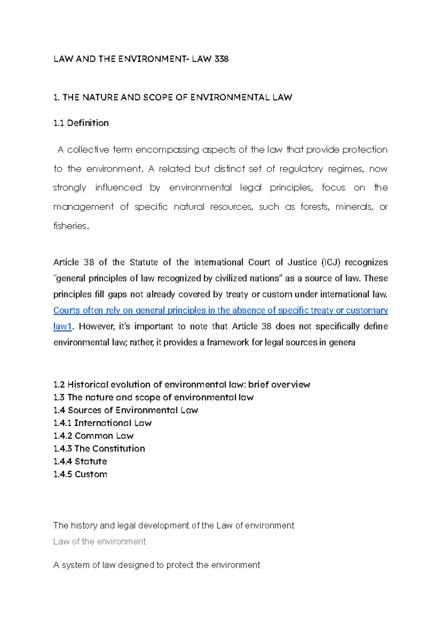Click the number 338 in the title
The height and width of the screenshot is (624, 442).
click(221, 59)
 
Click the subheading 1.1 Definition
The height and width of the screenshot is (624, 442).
click(81, 123)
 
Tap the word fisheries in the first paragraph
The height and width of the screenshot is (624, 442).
click(70, 226)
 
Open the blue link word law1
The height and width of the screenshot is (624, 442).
click(62, 326)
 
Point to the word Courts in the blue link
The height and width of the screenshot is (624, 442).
click(67, 310)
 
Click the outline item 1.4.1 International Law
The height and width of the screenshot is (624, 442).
click(102, 423)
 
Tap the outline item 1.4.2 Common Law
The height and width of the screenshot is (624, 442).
click(93, 436)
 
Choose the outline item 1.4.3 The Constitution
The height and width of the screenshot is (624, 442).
click(99, 449)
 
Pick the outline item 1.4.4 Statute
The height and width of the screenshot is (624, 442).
click(80, 462)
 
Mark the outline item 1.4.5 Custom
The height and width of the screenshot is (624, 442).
click(80, 474)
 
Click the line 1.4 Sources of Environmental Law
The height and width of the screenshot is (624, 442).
click(126, 410)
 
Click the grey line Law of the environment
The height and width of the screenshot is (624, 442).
click(99, 541)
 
